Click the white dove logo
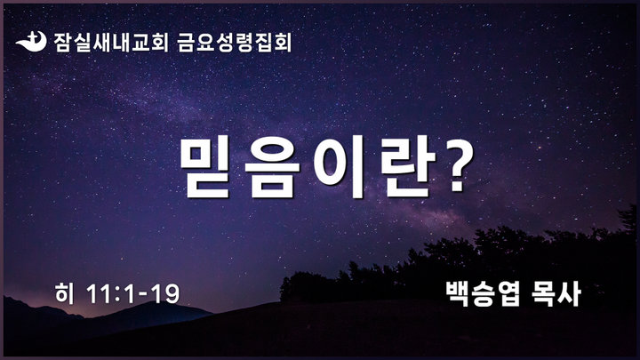[x=31, y=42]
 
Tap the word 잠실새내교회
[x=110, y=42]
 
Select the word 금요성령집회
[x=235, y=42]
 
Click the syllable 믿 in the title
[x=205, y=166]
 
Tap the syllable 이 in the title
[x=340, y=166]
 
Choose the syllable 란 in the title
[x=406, y=166]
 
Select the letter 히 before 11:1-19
[x=65, y=293]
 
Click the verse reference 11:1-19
[x=133, y=294]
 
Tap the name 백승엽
[x=484, y=293]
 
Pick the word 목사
[x=556, y=293]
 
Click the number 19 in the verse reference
[x=166, y=294]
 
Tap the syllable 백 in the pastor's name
[x=458, y=293]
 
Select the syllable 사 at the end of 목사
[x=569, y=293]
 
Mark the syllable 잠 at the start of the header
[x=63, y=42]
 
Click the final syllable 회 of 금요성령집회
[x=283, y=42]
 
